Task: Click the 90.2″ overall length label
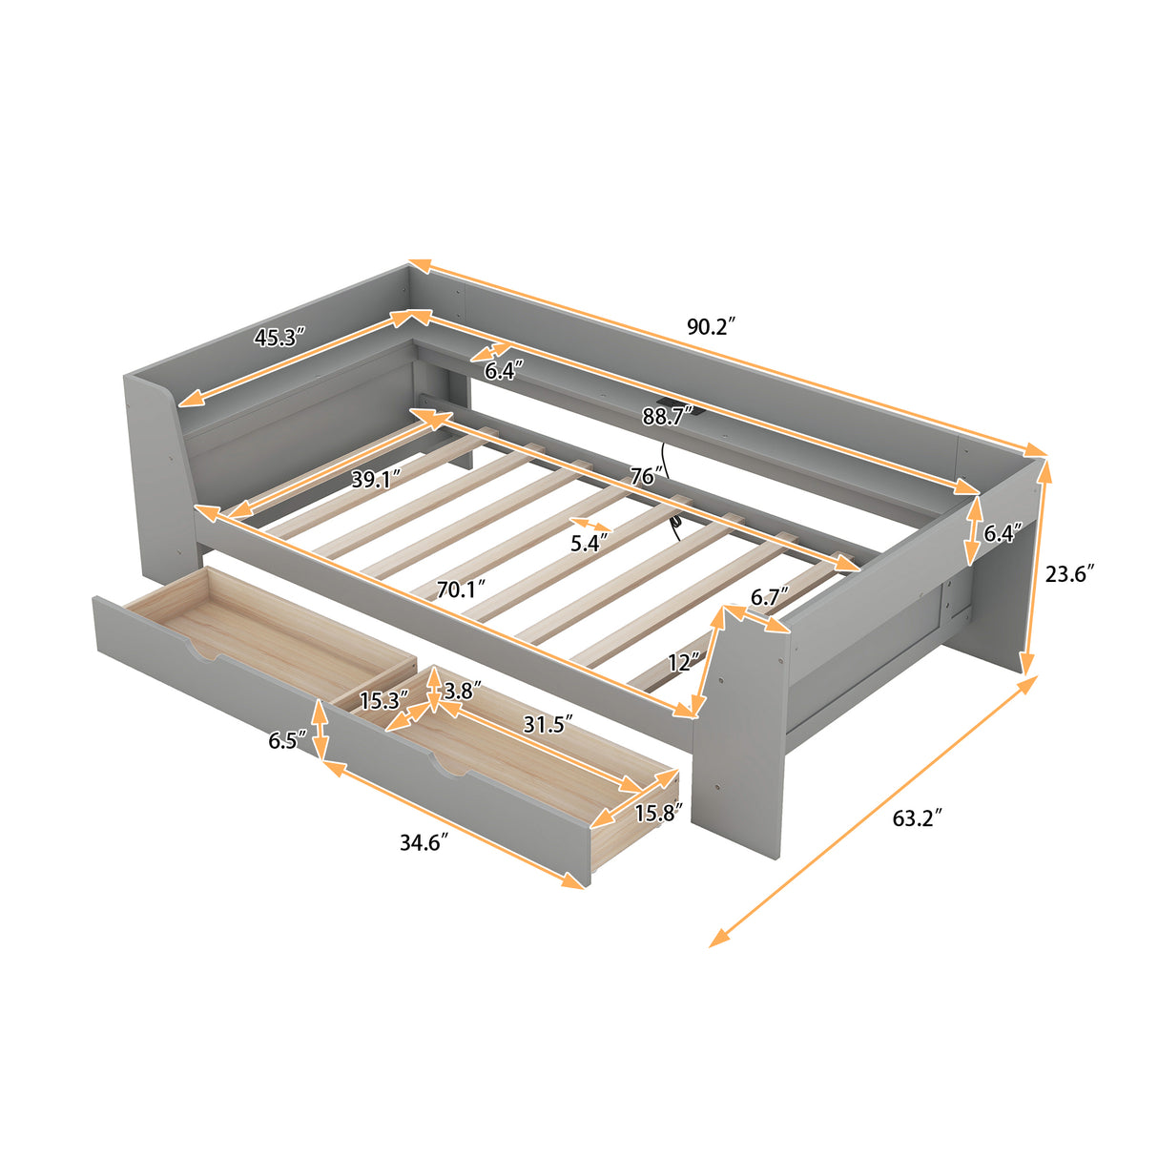711,327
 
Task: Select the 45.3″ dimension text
279,337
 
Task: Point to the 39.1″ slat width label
376,479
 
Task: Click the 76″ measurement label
646,475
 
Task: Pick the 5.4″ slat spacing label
589,544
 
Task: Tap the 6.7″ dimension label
769,597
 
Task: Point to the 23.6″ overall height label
1068,573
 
